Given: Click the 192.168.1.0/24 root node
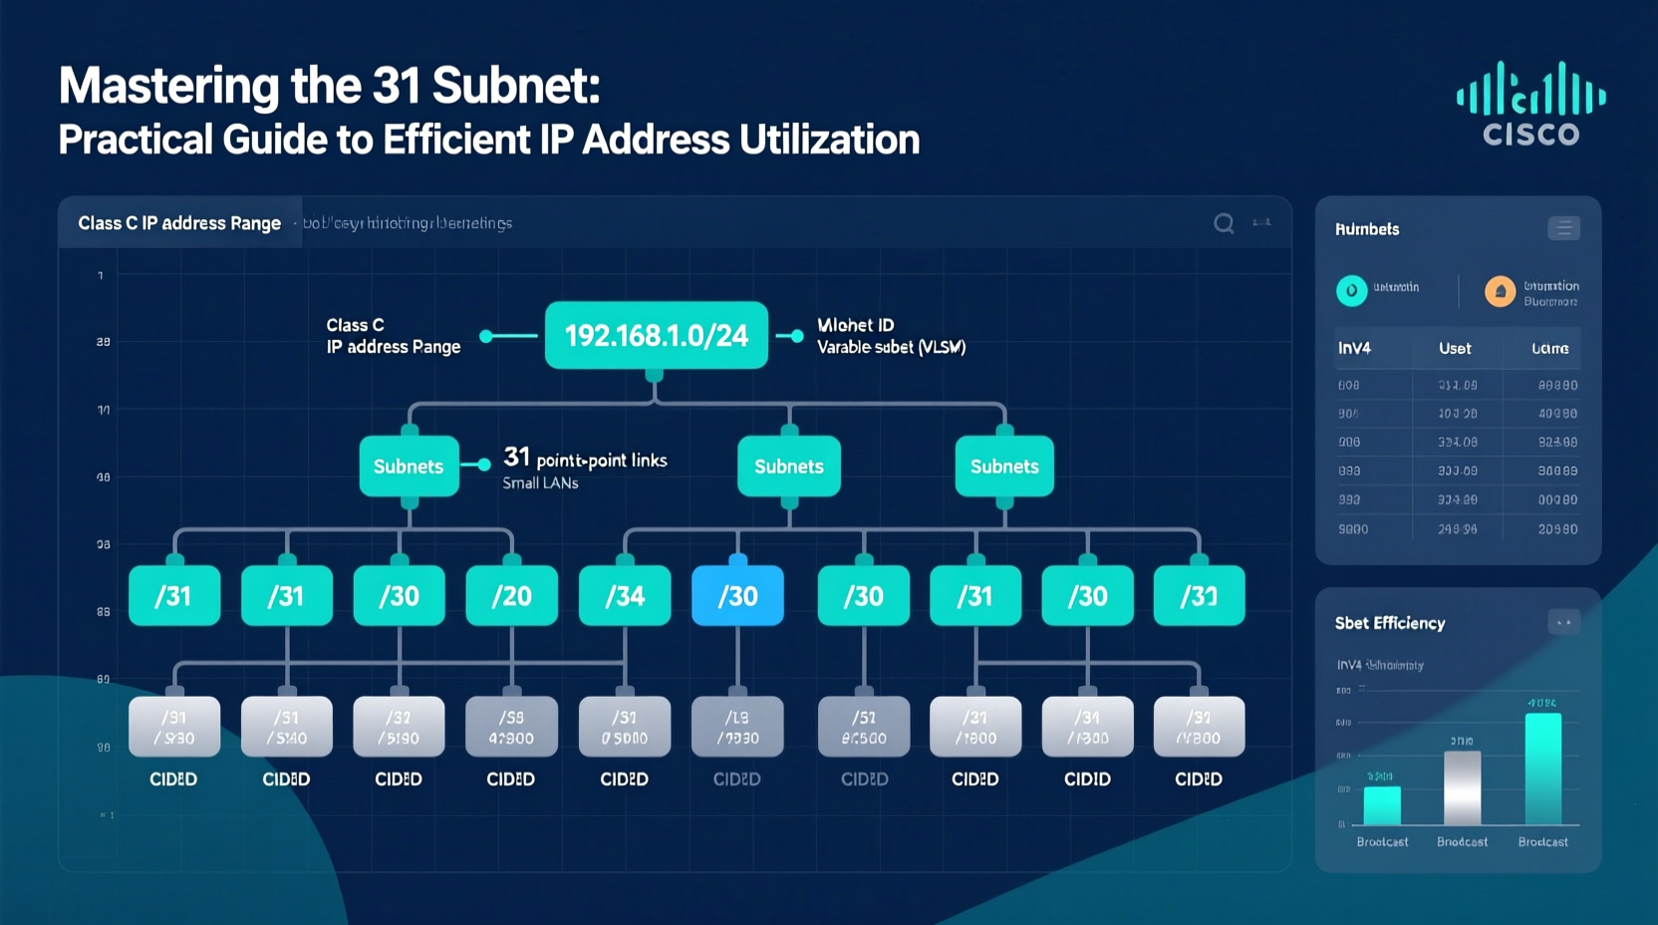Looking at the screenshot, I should tap(656, 336).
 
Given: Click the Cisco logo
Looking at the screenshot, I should tap(1530, 105).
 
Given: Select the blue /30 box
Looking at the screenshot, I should tap(737, 596).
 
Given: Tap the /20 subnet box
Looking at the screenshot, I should tap(511, 596).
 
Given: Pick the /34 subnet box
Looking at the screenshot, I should tap(625, 596).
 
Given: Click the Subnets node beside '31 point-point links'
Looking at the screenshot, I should tap(409, 466).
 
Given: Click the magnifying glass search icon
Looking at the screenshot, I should tap(1224, 223).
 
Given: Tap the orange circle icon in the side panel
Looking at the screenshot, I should tap(1500, 291).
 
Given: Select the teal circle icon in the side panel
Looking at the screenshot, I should tap(1351, 290).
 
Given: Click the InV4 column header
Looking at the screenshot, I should tap(1354, 348).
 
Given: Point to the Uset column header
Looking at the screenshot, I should tap(1455, 348).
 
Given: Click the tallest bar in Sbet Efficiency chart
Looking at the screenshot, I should tap(1542, 768).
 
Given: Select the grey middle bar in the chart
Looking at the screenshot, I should tap(1462, 787).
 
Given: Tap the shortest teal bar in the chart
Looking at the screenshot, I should tap(1382, 805).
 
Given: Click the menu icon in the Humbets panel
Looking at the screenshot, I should tap(1563, 228).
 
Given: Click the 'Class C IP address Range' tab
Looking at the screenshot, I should tap(179, 223).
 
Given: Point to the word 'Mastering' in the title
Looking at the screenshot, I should tap(168, 86).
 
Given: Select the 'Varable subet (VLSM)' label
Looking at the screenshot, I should tap(891, 347).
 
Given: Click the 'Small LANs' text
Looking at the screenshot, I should tap(540, 483).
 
